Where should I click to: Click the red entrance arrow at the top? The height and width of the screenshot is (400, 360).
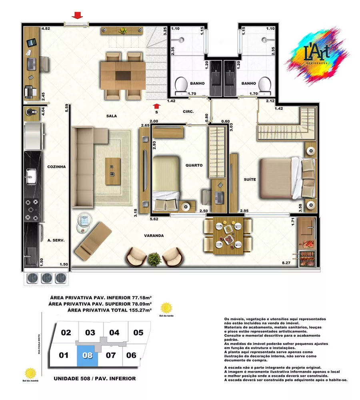pyautogui.click(x=77, y=15)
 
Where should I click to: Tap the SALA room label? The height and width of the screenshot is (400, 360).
pyautogui.click(x=111, y=116)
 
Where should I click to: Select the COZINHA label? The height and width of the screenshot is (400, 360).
pyautogui.click(x=56, y=166)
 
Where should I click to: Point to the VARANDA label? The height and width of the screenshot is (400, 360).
pyautogui.click(x=154, y=236)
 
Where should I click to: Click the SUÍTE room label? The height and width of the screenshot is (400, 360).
pyautogui.click(x=250, y=180)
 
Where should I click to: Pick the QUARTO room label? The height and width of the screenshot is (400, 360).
pyautogui.click(x=194, y=165)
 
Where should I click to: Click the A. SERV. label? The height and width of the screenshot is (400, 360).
pyautogui.click(x=56, y=240)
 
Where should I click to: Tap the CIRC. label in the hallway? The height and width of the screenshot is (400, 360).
pyautogui.click(x=188, y=112)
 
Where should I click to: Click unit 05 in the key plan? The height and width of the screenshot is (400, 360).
pyautogui.click(x=138, y=332)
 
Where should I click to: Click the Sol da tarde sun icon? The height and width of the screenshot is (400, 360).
pyautogui.click(x=166, y=308)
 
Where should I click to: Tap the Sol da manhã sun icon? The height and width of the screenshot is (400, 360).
pyautogui.click(x=30, y=373)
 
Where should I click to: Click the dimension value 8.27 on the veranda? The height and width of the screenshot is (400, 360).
pyautogui.click(x=286, y=263)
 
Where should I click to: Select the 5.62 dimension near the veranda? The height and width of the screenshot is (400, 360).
pyautogui.click(x=154, y=219)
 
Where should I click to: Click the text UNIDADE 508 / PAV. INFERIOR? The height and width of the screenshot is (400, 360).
pyautogui.click(x=94, y=378)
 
